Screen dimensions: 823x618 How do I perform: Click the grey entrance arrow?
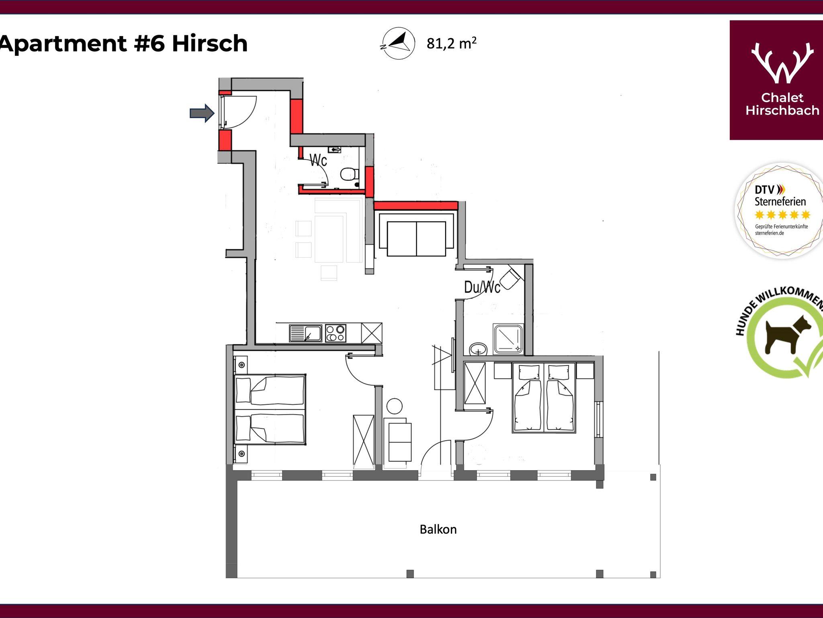click(x=202, y=113)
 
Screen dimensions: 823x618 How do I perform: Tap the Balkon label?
click(x=438, y=529)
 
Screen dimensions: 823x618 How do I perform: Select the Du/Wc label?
click(x=482, y=287)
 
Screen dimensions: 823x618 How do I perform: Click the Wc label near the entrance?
click(x=318, y=160)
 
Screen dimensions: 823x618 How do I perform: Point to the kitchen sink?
click(x=305, y=333)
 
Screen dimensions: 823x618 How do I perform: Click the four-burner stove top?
click(x=336, y=333)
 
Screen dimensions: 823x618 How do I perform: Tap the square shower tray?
click(x=508, y=339)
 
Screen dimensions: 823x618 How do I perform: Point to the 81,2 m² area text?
click(x=452, y=43)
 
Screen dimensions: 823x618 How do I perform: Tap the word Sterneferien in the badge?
click(x=780, y=201)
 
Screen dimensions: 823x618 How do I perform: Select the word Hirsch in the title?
click(x=210, y=43)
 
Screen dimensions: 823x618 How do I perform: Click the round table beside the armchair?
click(x=394, y=406)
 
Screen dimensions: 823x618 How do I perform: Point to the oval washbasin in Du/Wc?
click(x=478, y=349)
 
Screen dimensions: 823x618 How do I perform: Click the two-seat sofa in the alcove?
click(x=416, y=238)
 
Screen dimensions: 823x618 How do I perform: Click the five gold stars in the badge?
click(x=782, y=215)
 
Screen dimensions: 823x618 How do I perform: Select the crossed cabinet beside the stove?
click(x=372, y=333)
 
